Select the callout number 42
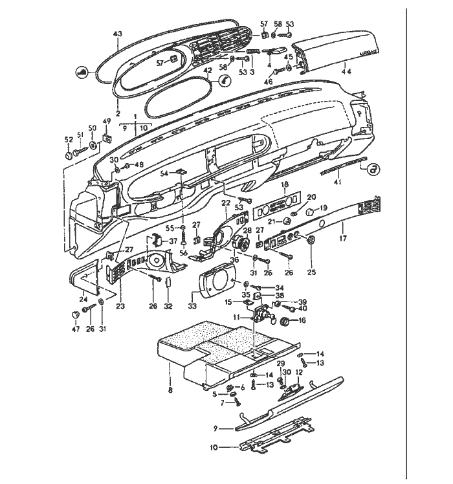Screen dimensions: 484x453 point(208,70)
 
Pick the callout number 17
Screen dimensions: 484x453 point(343,238)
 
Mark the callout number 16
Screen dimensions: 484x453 point(302,320)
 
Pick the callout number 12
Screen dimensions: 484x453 point(299,373)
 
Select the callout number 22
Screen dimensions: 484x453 point(226,203)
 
